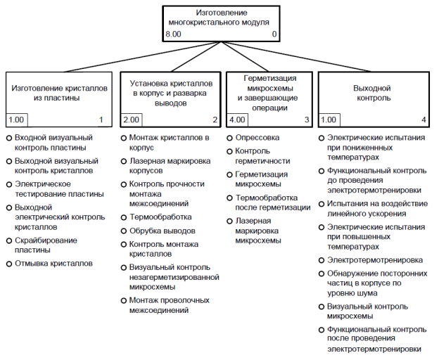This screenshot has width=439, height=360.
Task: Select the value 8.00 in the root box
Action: click(173, 34)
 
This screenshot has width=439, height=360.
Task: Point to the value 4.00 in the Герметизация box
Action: click(237, 120)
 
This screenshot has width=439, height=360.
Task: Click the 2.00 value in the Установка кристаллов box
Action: click(131, 120)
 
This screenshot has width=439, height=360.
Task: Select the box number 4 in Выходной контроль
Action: click(424, 120)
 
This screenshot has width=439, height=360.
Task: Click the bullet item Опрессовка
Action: click(257, 138)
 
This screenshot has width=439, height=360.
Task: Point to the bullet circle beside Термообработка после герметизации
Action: click(229, 198)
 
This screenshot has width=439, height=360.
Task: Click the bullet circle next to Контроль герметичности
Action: click(229, 151)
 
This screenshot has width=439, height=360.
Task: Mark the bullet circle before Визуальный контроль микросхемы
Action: click(322, 307)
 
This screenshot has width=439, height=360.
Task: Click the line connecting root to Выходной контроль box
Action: click(296, 57)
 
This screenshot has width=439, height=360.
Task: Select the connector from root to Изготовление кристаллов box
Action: click(143, 57)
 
